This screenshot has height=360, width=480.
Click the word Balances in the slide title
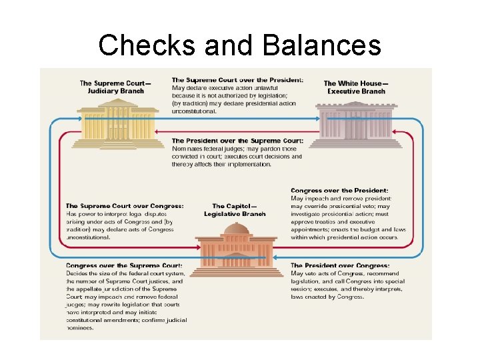pyautogui.click(x=321, y=46)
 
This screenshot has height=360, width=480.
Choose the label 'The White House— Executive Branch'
pyautogui.click(x=356, y=87)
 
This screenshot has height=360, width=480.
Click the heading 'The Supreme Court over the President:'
pyautogui.click(x=237, y=80)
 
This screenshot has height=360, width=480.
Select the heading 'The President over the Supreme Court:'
pyautogui.click(x=237, y=141)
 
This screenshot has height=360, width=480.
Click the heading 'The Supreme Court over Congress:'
pyautogui.click(x=125, y=206)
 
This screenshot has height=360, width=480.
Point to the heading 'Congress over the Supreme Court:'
pyautogui.click(x=124, y=265)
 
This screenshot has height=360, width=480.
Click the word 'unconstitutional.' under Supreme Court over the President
pyautogui.click(x=194, y=111)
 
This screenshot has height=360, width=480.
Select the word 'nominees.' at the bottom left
pyautogui.click(x=81, y=328)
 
